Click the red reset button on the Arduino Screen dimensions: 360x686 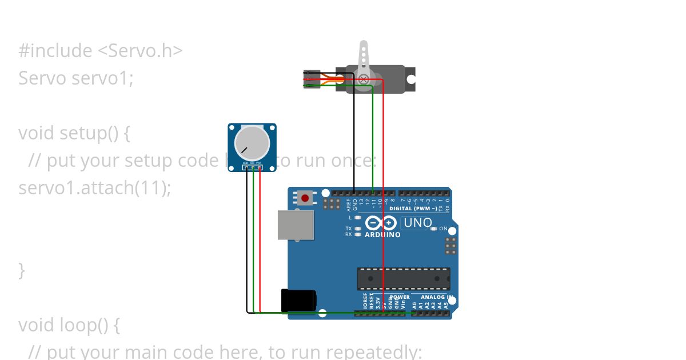(305, 198)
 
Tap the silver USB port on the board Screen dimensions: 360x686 (296, 225)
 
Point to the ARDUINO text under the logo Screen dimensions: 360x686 (382, 234)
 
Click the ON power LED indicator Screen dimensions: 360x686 (434, 229)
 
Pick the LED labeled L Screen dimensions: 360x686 (357, 218)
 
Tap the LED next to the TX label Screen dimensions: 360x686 (357, 229)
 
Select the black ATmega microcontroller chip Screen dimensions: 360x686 (403, 278)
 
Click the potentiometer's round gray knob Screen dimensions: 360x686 (252, 143)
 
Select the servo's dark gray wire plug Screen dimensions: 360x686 (312, 79)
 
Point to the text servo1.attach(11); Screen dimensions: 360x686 (94, 187)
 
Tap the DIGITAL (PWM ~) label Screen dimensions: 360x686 (413, 209)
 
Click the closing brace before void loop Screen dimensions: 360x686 (22, 270)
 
